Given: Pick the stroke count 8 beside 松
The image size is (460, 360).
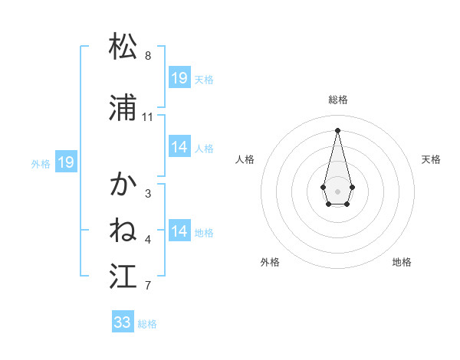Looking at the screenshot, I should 148,56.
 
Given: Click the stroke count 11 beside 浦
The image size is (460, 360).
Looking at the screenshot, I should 148,117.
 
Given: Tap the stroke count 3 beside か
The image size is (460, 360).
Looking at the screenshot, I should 148,194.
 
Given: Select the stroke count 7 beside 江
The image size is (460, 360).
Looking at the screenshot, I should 148,286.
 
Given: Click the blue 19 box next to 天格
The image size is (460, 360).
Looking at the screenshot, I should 179,78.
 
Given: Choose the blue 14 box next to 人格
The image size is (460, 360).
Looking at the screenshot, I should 179,147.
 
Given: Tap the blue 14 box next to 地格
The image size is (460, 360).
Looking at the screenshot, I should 179,231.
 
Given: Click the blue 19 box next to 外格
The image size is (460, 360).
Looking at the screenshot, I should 66,162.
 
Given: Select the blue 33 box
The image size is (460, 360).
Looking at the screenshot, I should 123,322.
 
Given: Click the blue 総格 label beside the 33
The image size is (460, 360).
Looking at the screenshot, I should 147,324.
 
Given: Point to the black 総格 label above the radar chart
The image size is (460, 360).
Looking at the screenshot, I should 337,100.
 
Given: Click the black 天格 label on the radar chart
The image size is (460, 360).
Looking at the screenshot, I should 432,159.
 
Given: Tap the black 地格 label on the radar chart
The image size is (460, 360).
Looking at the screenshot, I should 402,262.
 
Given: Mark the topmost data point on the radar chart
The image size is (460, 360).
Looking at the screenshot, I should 337,130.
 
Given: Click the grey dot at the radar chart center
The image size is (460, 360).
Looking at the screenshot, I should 337,190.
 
